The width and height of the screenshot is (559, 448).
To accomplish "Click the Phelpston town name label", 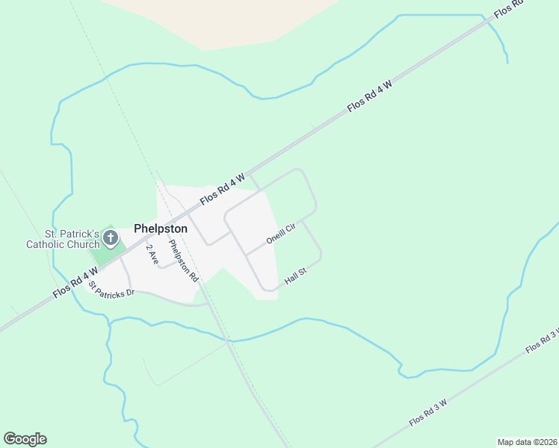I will pos(161,229).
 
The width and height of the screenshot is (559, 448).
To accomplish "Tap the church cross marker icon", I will pos(111,239).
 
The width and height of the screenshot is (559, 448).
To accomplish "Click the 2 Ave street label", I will pos(152,254).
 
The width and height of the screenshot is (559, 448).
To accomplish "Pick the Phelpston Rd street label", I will pos(184,260).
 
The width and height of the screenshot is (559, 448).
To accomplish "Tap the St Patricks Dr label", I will pos(111,287).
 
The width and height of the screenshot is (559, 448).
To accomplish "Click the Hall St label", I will pos(296,276).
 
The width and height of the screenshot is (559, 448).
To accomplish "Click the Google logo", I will pos(25,439).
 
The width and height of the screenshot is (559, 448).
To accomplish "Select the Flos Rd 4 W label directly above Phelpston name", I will pos(223,190).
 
